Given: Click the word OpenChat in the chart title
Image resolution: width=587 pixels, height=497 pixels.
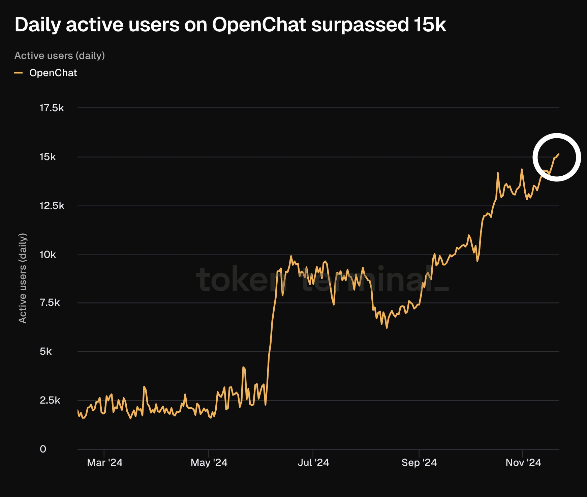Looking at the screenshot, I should [x=259, y=25].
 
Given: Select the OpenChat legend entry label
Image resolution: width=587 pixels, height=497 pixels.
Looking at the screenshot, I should [x=53, y=73].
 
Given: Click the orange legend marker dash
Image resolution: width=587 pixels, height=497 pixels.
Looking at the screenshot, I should [x=19, y=73].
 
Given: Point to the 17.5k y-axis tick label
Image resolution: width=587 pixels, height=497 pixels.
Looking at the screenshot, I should [x=52, y=108].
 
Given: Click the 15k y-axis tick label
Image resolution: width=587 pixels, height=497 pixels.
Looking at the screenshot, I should [x=48, y=157].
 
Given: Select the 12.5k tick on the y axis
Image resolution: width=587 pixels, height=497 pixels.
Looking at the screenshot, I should [x=52, y=206].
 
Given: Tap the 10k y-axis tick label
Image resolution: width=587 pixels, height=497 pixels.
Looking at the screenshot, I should [x=48, y=255].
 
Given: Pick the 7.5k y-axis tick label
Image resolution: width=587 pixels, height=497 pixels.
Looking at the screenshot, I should [x=50, y=303].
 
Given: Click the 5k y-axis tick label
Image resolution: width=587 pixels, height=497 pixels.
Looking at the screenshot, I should [x=45, y=352].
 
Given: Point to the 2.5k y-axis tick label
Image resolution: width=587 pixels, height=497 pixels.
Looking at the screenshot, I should [x=50, y=401].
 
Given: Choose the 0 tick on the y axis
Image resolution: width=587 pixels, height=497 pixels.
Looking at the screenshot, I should [x=43, y=449].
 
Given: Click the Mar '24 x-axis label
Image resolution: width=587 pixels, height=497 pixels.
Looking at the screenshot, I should [x=104, y=463].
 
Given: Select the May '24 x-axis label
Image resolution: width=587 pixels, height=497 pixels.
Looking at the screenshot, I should [x=209, y=463].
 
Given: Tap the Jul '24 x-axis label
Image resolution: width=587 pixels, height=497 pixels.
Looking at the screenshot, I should [x=313, y=463].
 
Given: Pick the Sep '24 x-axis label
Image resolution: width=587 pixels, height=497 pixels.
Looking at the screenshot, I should [x=419, y=463].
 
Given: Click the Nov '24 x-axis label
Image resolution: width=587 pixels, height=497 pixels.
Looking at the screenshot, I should [x=523, y=463].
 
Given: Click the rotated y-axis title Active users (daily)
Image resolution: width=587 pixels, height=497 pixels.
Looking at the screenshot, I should [x=23, y=278].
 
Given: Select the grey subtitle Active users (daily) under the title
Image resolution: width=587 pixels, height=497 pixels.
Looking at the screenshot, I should [x=60, y=56].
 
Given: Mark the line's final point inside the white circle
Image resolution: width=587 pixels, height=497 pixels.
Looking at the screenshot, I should [x=559, y=154].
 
